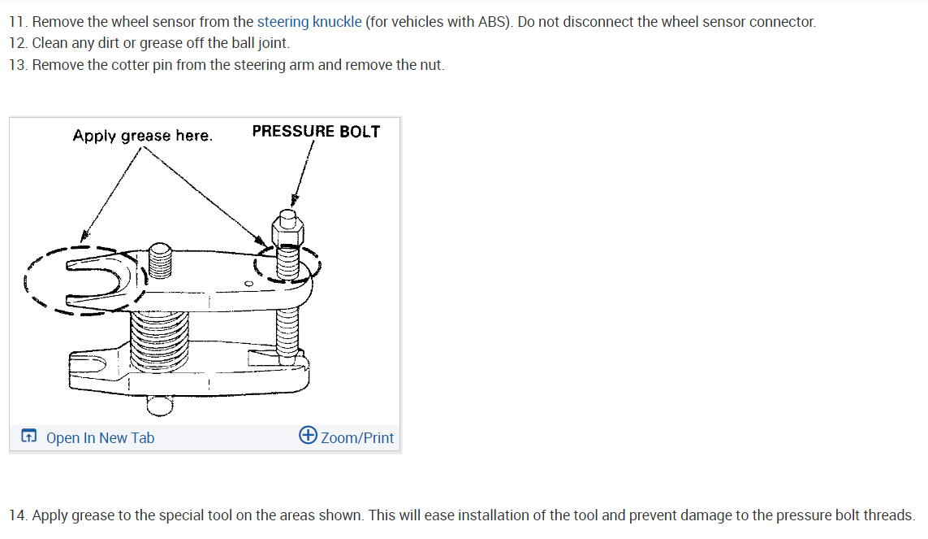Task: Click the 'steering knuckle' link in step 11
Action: (x=309, y=22)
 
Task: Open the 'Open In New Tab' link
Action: (x=100, y=438)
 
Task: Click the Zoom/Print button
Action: (x=356, y=438)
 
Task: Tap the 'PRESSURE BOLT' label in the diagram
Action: (x=316, y=132)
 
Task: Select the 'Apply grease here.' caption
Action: (x=142, y=136)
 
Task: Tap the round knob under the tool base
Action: (x=159, y=404)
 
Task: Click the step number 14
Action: (x=18, y=515)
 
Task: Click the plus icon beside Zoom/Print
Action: (x=308, y=435)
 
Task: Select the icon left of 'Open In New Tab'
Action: (x=28, y=437)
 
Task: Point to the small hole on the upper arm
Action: (x=248, y=284)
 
